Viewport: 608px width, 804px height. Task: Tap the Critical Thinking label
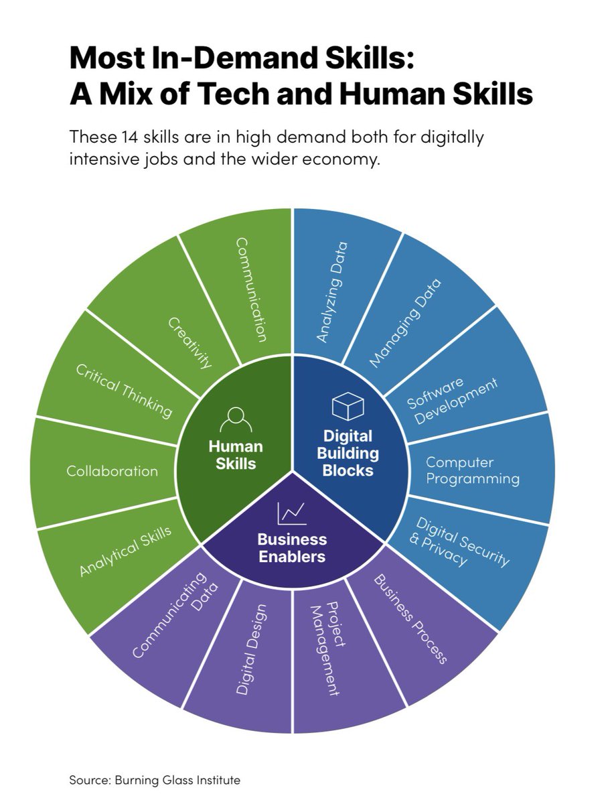123,391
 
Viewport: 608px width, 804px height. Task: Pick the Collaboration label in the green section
112,471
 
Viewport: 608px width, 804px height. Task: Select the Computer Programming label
473,470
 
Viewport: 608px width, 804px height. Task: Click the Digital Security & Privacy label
459,541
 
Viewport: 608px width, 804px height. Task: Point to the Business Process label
410,618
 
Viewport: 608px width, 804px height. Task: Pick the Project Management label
326,649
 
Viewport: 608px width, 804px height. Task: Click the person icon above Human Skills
235,421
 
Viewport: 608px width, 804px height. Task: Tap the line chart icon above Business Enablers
292,514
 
